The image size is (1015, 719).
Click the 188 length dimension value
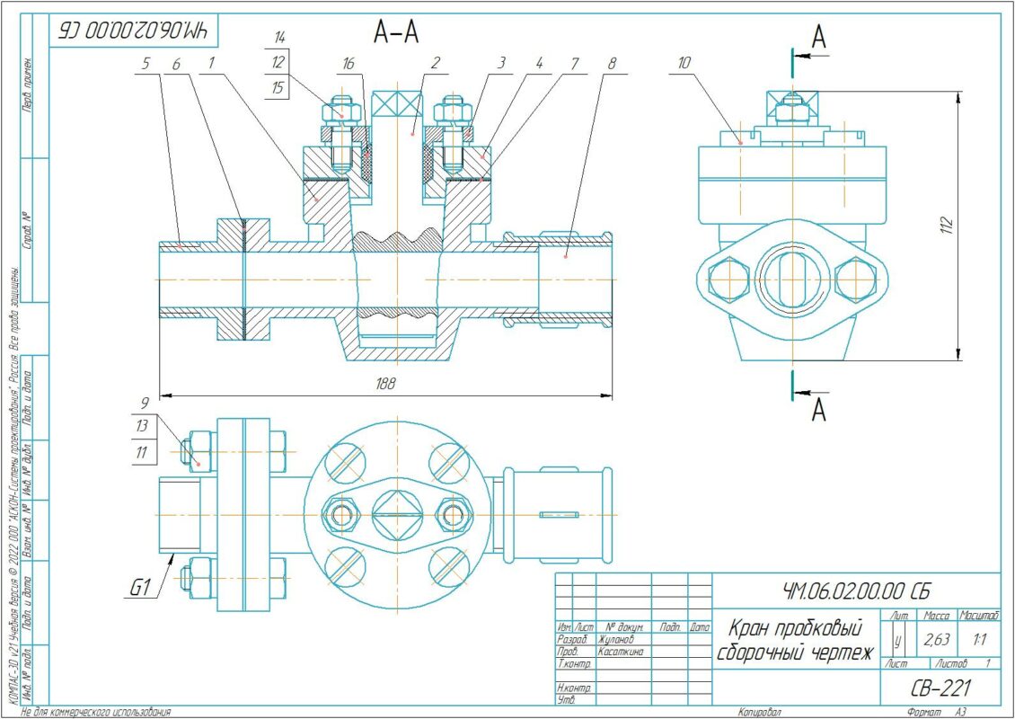point(386,382)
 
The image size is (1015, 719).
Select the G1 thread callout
point(138,589)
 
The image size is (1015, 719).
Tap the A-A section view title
point(396,32)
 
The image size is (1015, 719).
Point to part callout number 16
point(349,64)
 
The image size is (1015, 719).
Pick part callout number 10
point(687,64)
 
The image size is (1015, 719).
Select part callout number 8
point(612,64)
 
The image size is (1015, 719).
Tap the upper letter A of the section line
point(818,37)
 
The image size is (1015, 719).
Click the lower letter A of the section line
point(818,411)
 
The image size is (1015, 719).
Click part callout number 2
point(434,64)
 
